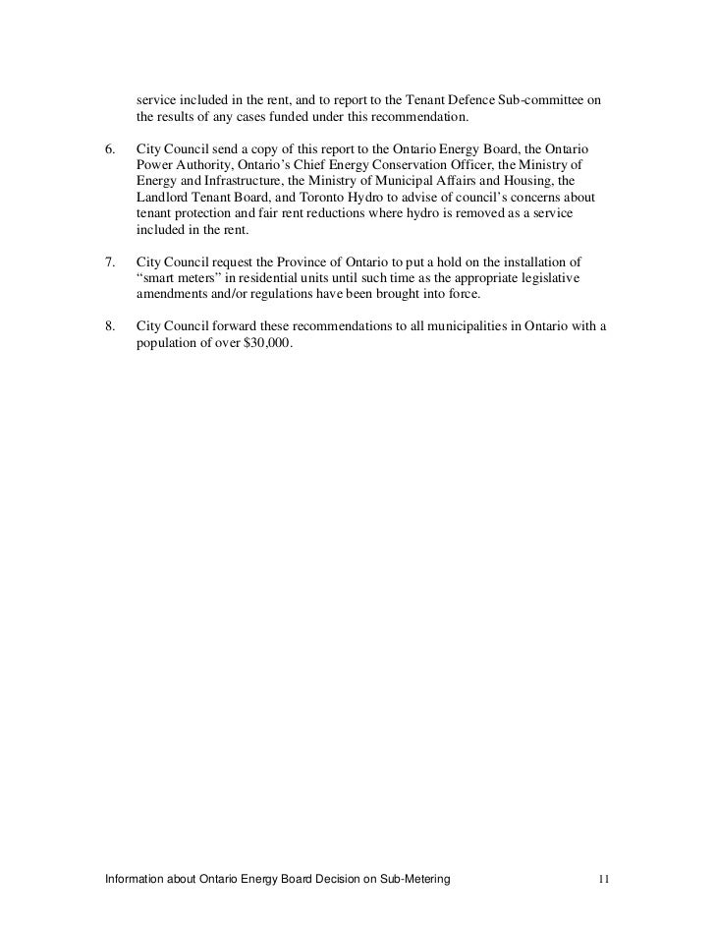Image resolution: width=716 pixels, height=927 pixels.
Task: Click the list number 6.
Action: click(x=110, y=147)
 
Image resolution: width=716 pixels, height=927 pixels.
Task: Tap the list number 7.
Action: click(x=110, y=262)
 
